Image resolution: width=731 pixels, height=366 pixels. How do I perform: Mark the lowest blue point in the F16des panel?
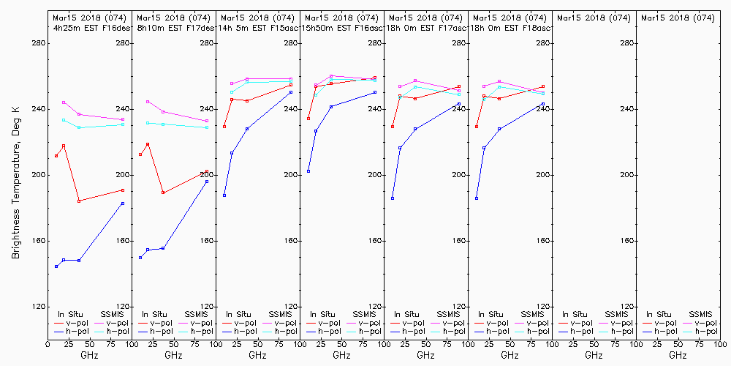pyautogui.click(x=56, y=266)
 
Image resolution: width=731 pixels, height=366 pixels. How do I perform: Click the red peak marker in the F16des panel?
pyautogui.click(x=64, y=146)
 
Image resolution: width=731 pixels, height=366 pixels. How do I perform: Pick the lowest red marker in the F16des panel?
pyautogui.click(x=79, y=201)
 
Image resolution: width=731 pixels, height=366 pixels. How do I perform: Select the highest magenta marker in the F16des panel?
pyautogui.click(x=64, y=102)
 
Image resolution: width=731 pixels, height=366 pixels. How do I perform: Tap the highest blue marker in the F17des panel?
pyautogui.click(x=207, y=181)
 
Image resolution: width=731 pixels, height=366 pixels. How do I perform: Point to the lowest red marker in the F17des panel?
pyautogui.click(x=163, y=193)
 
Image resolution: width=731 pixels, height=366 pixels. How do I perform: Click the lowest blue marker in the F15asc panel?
pyautogui.click(x=224, y=195)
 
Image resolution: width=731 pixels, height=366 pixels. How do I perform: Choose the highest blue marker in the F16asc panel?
pyautogui.click(x=375, y=92)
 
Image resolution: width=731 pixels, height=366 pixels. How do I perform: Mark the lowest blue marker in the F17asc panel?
pyautogui.click(x=393, y=198)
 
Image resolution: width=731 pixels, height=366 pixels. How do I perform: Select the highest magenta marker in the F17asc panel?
pyautogui.click(x=415, y=81)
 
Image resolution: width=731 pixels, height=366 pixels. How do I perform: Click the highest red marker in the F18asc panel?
pyautogui.click(x=543, y=86)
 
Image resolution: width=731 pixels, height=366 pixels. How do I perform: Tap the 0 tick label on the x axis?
pyautogui.click(x=48, y=343)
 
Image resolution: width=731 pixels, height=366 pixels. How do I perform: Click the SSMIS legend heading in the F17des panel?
pyautogui.click(x=197, y=314)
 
